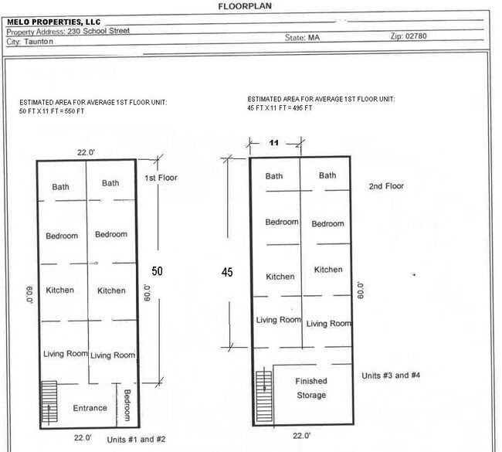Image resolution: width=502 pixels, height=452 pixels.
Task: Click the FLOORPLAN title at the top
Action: click(x=245, y=6)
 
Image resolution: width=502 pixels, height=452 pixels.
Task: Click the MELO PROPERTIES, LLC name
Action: click(x=54, y=22)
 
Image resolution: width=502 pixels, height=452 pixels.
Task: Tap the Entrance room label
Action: click(x=90, y=408)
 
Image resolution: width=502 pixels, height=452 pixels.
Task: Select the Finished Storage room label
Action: click(x=311, y=388)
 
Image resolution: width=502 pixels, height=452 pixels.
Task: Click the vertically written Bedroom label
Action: click(x=127, y=405)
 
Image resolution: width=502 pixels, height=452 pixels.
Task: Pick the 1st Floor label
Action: click(x=161, y=178)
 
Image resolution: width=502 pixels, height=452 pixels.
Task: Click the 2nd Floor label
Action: click(x=386, y=186)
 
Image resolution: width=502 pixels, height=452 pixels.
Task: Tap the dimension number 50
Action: click(x=157, y=271)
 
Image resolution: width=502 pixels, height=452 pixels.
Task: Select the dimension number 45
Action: click(x=227, y=272)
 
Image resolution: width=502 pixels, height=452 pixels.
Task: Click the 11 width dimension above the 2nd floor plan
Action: click(x=274, y=143)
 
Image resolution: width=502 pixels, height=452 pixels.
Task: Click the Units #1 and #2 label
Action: click(x=137, y=439)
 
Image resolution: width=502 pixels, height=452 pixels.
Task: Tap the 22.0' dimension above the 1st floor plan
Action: click(x=86, y=152)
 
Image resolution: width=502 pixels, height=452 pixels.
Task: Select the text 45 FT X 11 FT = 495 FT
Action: click(x=280, y=108)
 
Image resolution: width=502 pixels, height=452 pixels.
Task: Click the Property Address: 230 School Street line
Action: click(x=69, y=31)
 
